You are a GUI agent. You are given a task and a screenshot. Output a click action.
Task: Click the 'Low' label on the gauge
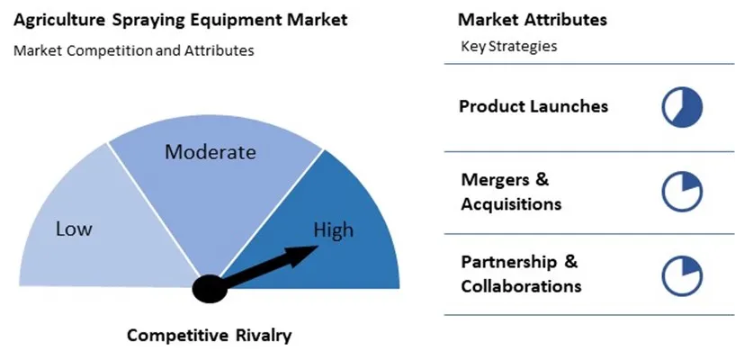coord(74,229)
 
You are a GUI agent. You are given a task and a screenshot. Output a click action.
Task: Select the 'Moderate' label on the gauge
coord(210,152)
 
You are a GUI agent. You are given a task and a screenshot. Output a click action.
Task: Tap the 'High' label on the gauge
coord(333,230)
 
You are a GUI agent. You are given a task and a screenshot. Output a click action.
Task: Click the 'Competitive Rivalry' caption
coord(209,336)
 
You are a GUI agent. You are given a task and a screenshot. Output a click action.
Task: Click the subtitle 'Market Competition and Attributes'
coord(133,50)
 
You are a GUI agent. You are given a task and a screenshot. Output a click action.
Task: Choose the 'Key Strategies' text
coord(508,46)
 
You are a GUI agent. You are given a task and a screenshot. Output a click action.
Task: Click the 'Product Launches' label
coord(533,106)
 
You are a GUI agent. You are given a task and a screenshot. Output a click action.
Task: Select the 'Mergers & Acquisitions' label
coord(511,192)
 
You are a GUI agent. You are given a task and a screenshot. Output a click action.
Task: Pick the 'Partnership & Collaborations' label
coord(521,274)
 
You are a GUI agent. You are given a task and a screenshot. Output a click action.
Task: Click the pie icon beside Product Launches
coord(682,107)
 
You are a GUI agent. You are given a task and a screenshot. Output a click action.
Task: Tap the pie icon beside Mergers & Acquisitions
coord(682,192)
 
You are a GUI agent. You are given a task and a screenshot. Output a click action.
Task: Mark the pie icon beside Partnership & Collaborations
coord(682,275)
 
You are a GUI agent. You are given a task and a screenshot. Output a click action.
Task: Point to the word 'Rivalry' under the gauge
coord(261,336)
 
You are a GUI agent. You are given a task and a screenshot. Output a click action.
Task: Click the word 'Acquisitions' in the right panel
coord(511,204)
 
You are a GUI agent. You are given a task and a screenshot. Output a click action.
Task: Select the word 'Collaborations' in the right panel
coord(521,287)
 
